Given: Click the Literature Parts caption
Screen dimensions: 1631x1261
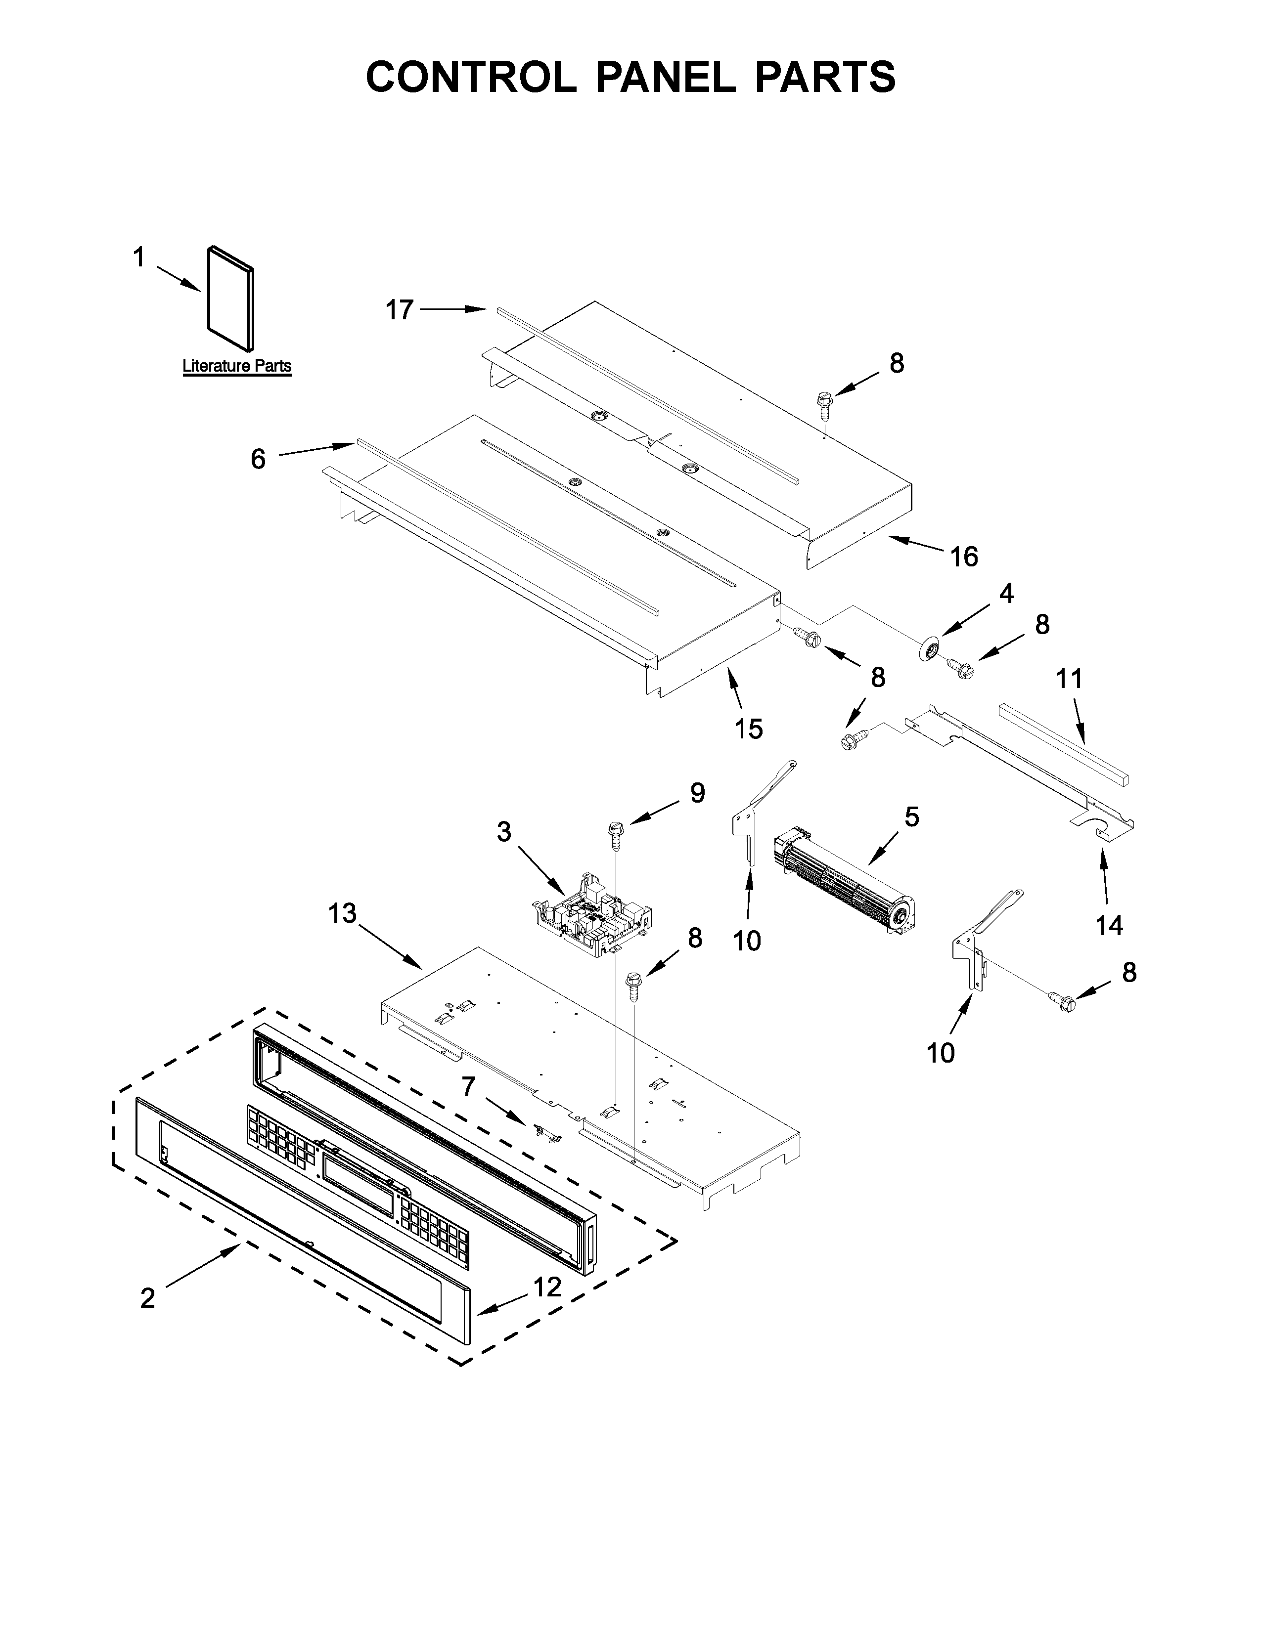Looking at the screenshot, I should (x=237, y=366).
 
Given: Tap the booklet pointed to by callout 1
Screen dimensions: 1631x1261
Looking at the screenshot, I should (x=229, y=298).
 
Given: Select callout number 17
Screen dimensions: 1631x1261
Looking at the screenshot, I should (x=400, y=310).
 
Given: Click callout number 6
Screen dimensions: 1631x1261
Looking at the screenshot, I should (x=258, y=459).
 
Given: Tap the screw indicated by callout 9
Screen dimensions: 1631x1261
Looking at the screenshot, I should (x=618, y=835).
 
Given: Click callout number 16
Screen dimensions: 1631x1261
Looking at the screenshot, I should (x=964, y=557).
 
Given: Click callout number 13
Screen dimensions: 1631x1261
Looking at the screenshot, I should (x=343, y=913).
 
